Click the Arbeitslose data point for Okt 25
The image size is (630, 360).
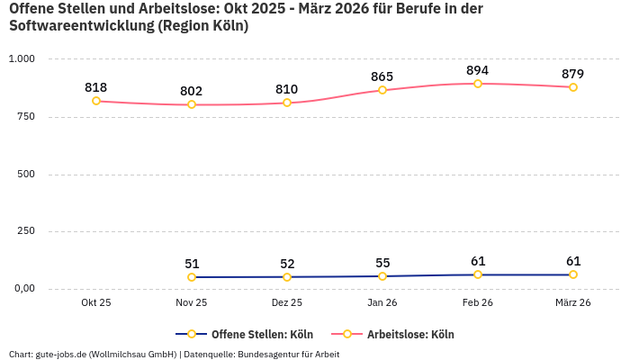pos(96,101)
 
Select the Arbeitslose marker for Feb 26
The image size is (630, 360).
pos(478,84)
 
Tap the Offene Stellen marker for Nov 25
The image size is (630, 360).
pos(192,277)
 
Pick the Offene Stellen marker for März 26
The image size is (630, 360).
pos(573,274)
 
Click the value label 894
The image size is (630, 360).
pos(478,70)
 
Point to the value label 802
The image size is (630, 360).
pos(192,91)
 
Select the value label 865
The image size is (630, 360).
pos(382,76)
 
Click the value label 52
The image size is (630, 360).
pos(287,264)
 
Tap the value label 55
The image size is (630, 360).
pos(382,263)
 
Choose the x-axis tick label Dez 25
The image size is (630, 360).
pos(287,303)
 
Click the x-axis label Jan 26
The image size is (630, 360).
pos(382,303)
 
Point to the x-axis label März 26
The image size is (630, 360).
pos(573,303)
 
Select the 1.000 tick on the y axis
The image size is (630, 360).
pos(22,59)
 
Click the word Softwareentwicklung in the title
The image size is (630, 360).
pos(81,26)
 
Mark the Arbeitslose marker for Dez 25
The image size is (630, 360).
pos(287,103)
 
